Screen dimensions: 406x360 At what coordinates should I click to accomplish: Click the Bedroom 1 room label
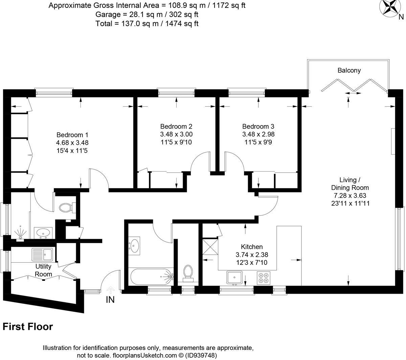pyautogui.click(x=72, y=135)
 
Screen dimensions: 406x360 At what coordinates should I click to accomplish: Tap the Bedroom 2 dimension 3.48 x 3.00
pyautogui.click(x=176, y=134)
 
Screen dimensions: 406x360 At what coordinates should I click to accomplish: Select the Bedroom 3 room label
pyautogui.click(x=258, y=126)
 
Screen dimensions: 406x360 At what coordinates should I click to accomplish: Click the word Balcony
pyautogui.click(x=349, y=70)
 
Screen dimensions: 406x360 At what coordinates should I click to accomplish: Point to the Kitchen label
pyautogui.click(x=251, y=247)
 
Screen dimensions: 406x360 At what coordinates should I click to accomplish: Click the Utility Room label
pyautogui.click(x=43, y=270)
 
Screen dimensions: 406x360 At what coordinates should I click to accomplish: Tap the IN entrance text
pyautogui.click(x=110, y=300)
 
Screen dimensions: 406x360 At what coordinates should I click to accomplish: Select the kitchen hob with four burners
pyautogui.click(x=264, y=278)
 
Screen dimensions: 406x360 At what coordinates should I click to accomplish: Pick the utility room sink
pyautogui.click(x=42, y=254)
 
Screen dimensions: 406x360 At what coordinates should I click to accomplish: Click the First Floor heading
pyautogui.click(x=28, y=327)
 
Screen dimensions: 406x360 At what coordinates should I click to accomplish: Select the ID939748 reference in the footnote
pyautogui.click(x=201, y=355)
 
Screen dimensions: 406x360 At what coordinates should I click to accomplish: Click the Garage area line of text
pyautogui.click(x=147, y=15)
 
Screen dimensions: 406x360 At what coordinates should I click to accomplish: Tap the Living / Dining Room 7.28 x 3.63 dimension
pyautogui.click(x=350, y=196)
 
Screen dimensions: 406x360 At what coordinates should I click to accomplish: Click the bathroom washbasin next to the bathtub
pyautogui.click(x=134, y=246)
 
